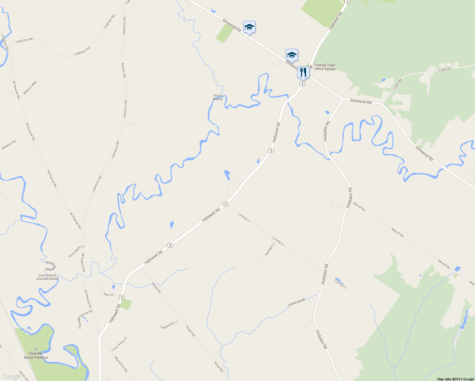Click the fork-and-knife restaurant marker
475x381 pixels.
click(303, 73)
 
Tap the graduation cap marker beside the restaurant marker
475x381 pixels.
click(292, 55)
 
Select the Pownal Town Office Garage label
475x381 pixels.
click(324, 67)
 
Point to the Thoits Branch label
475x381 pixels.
click(218, 97)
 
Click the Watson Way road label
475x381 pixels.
click(30, 87)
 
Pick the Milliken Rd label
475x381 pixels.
click(9, 145)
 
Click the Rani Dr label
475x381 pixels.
click(108, 295)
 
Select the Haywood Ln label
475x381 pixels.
click(169, 325)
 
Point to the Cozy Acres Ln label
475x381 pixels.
click(119, 344)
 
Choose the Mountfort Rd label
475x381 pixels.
click(121, 364)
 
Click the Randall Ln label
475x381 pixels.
click(270, 250)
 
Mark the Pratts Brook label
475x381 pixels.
click(297, 302)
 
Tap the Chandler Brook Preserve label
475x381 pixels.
click(36, 355)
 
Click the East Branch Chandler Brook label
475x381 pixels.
click(48, 277)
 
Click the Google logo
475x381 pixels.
click(11, 376)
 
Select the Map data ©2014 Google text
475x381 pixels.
click(455, 379)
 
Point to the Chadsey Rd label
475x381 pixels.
click(5, 42)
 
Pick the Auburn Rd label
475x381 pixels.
click(124, 70)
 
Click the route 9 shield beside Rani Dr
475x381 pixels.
click(122, 297)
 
